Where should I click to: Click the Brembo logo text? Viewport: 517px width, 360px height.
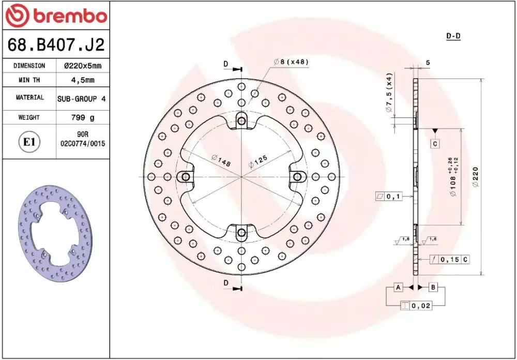click(70, 16)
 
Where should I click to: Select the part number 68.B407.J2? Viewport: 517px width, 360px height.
click(56, 45)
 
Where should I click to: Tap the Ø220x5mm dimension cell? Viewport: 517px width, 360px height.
click(82, 66)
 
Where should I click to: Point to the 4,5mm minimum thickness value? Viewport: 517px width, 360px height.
click(83, 80)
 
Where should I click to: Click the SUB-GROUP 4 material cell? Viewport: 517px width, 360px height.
click(82, 98)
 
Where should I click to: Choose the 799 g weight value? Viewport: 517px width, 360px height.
click(83, 117)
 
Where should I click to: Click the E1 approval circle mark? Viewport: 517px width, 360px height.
click(29, 142)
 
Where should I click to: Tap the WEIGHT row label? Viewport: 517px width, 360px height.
click(29, 117)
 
